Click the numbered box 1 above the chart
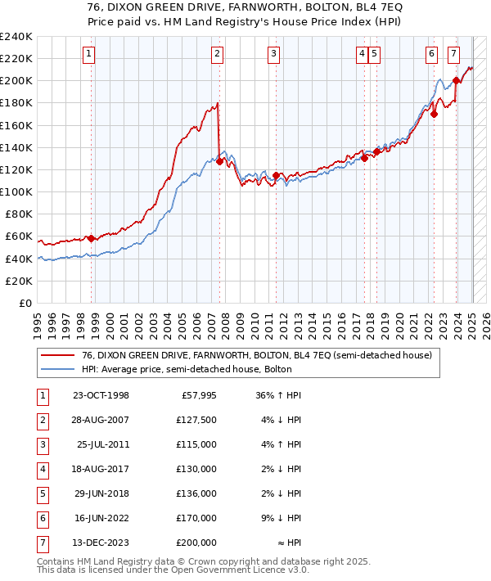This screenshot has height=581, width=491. [88, 54]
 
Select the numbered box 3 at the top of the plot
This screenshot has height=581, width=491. [273, 54]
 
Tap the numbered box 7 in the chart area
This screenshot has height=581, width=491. [453, 54]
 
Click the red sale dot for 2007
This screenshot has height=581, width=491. [219, 161]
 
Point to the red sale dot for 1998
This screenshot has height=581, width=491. [91, 238]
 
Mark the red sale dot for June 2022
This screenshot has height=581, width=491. [435, 115]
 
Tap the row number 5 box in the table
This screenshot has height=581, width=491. [41, 494]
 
